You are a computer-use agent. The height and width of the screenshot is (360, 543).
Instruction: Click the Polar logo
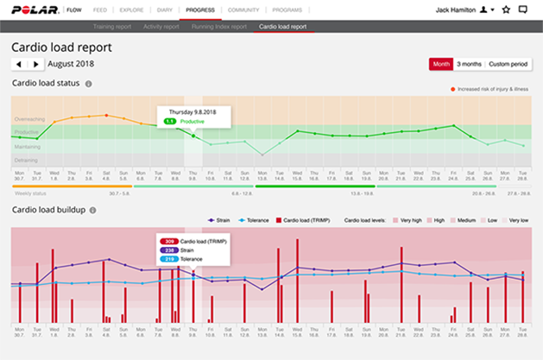click(34, 9)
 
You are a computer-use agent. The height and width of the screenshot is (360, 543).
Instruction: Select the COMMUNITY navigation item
click(243, 9)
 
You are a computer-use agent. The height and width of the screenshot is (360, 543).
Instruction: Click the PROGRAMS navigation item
click(287, 9)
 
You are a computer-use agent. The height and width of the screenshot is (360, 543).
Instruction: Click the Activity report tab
click(161, 27)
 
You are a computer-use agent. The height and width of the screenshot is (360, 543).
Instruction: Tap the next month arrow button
click(36, 64)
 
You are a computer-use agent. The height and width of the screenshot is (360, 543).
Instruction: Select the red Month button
click(441, 64)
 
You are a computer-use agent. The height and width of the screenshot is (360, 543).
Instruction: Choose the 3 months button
click(470, 64)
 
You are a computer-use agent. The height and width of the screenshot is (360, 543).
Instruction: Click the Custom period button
click(509, 64)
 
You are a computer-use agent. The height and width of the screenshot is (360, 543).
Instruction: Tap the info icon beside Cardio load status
click(89, 84)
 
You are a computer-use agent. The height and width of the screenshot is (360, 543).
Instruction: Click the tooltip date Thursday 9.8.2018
click(191, 112)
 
